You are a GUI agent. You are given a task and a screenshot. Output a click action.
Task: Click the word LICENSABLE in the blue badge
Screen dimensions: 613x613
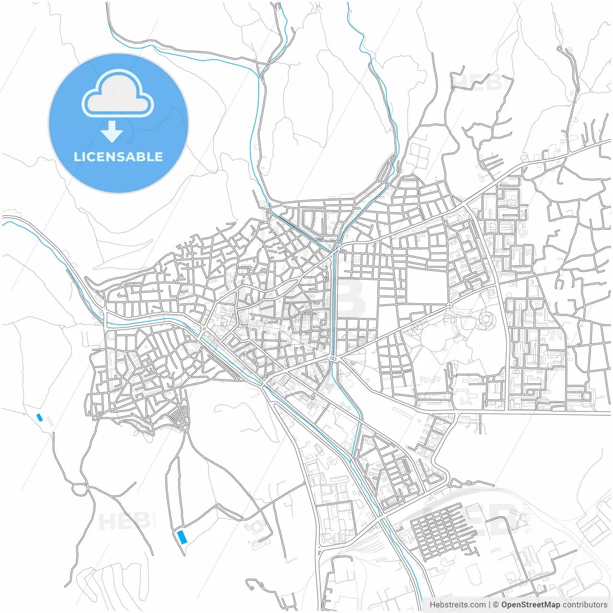point(118,157)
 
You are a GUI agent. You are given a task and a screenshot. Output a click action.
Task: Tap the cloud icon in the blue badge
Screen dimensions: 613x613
point(118,94)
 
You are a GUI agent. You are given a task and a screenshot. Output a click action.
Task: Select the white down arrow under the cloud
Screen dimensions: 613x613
point(112,132)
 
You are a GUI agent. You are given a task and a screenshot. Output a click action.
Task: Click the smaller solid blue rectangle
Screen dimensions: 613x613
point(40,418)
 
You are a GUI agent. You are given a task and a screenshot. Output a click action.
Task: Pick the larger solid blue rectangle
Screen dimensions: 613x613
point(182,536)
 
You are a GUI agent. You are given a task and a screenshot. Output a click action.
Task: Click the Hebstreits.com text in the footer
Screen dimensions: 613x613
point(457,605)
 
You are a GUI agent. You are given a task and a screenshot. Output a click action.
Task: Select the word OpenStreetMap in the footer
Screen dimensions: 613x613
point(530,605)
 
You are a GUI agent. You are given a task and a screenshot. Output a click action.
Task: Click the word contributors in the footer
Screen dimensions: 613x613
point(584,605)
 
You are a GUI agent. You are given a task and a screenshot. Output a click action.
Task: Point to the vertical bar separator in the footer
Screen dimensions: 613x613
point(489,605)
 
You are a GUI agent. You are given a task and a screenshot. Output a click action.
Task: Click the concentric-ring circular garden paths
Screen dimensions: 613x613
point(486,319)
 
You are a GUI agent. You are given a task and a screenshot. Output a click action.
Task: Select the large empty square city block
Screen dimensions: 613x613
point(426,286)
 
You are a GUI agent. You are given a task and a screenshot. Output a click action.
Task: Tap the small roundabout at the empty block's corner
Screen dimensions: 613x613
point(449,306)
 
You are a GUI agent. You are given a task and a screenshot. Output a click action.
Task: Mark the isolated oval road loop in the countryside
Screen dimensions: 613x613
point(79,489)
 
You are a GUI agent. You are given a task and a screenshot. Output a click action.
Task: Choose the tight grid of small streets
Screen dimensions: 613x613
point(441,529)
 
